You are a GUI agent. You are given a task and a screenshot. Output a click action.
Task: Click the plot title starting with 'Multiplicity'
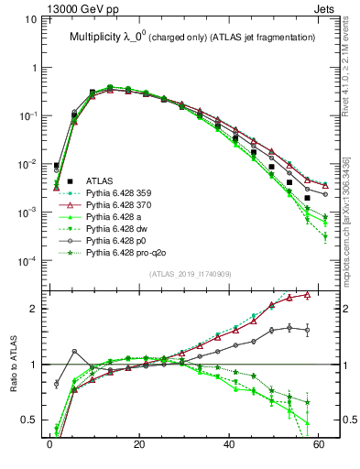(192, 37)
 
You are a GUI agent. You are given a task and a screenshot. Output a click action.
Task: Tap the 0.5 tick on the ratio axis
(31, 420)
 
